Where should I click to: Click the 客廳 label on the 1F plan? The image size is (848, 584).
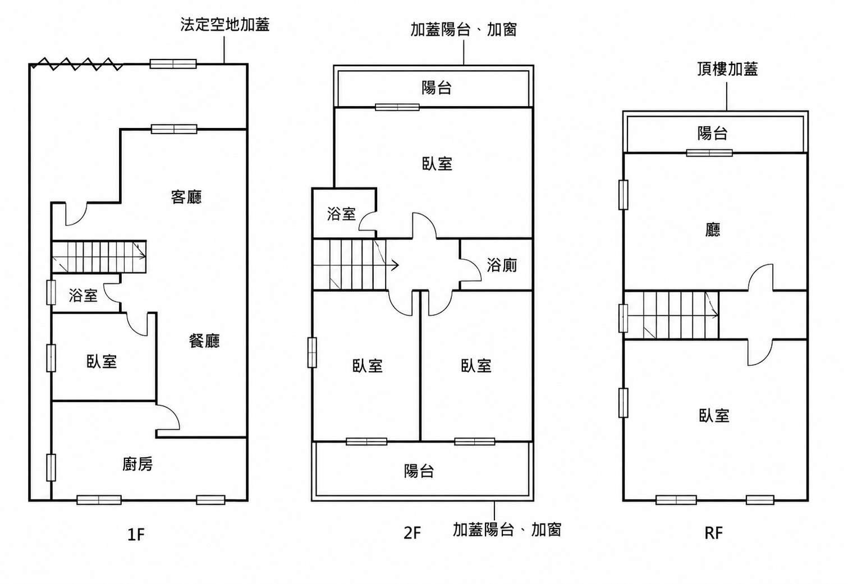pos(186,197)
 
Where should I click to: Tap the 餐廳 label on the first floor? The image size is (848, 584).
pos(204,341)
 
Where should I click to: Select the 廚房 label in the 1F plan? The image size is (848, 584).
pos(137,464)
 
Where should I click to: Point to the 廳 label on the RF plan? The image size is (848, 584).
pos(713,230)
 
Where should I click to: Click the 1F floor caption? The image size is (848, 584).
pos(136,535)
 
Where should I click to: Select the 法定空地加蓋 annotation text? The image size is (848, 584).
pos(225,25)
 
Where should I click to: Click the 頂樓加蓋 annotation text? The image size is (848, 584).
pos(727,69)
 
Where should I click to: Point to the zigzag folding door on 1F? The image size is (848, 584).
pos(77,64)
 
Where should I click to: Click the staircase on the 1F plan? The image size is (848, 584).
pos(99,256)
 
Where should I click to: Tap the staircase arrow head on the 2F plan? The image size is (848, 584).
pos(395,265)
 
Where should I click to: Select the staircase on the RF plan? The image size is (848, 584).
pos(671,315)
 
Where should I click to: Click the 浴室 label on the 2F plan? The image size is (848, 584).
pos(341,214)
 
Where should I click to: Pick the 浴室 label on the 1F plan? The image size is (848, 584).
pos(83,295)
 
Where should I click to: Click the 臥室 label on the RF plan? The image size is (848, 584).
pos(714,415)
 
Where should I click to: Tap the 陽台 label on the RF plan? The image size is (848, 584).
pos(713,133)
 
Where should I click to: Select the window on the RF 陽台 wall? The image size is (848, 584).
pos(709,153)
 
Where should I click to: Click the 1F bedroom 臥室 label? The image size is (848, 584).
pos(102,361)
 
